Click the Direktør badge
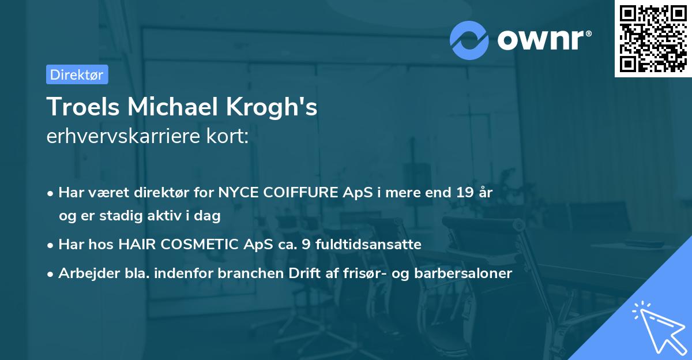77,74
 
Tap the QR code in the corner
653,39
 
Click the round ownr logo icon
468,39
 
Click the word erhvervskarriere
124,137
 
